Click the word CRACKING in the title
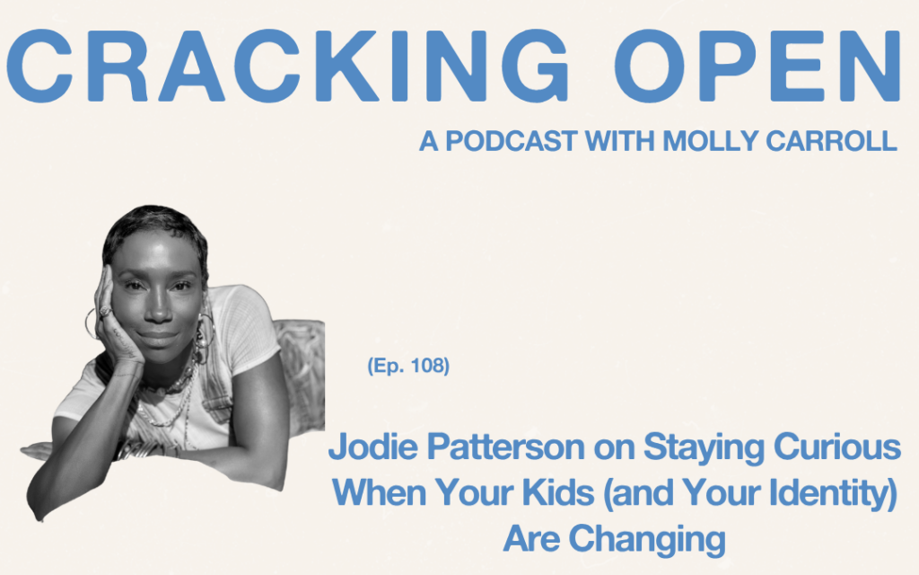point(287,65)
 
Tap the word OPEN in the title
point(757,65)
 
